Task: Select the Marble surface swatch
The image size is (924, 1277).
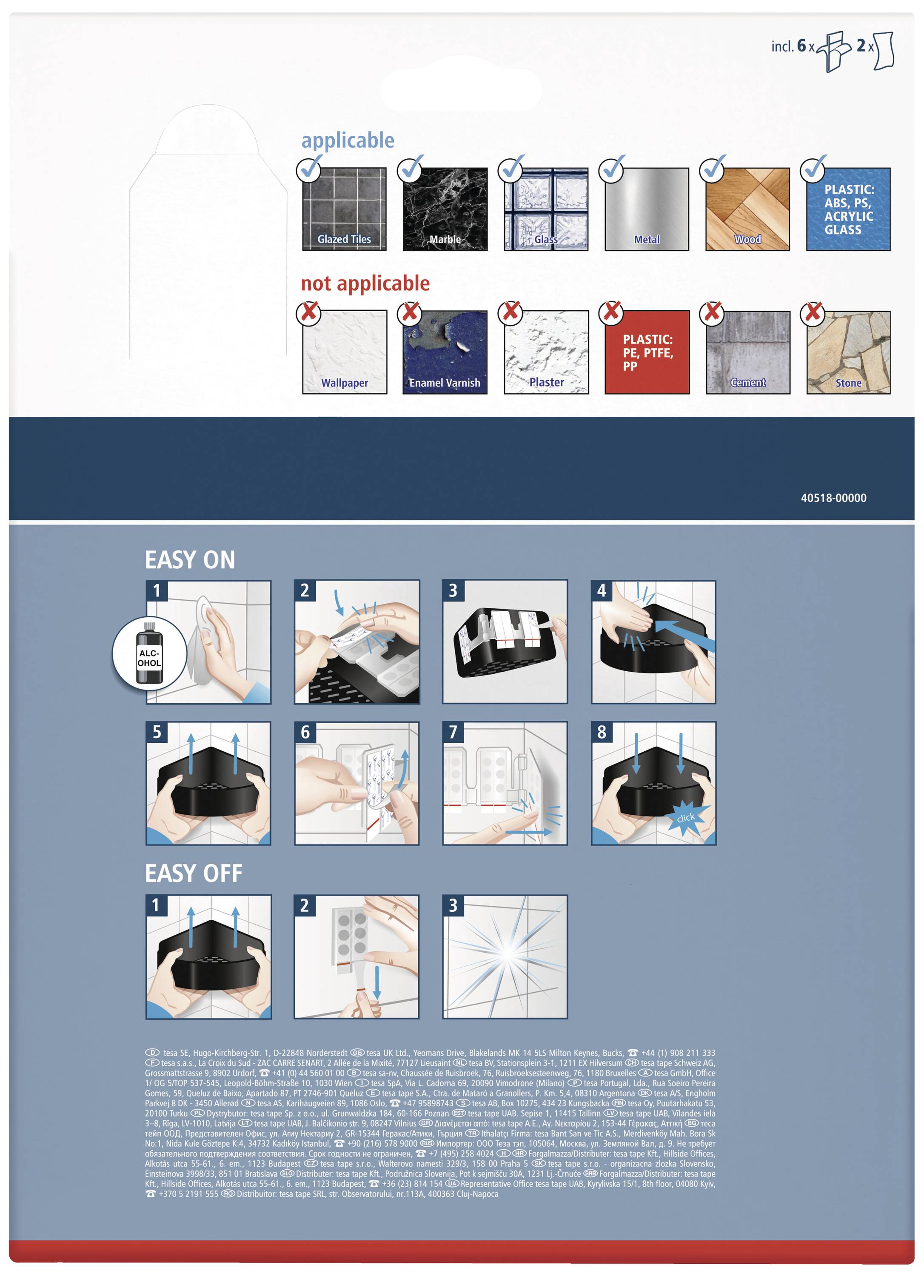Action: [445, 209]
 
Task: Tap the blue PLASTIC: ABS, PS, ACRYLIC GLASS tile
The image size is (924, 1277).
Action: [847, 209]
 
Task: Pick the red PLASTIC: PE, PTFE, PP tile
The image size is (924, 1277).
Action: [647, 352]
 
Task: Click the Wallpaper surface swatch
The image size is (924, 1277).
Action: [345, 352]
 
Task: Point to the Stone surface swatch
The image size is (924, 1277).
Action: [848, 352]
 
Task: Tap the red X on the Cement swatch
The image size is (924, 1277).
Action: [713, 311]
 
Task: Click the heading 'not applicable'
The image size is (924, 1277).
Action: [365, 283]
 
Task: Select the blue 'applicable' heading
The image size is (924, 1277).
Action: [348, 140]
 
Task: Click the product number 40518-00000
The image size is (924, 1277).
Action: [833, 498]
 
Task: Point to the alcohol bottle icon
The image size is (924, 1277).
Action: [150, 653]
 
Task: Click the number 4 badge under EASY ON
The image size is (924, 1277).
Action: [602, 591]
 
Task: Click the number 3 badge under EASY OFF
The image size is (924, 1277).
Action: [453, 905]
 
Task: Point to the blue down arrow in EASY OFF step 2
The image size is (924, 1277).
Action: [376, 984]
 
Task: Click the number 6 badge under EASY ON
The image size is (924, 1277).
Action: [305, 732]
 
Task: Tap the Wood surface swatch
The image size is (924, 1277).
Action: [747, 209]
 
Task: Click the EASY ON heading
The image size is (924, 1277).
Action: [190, 560]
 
